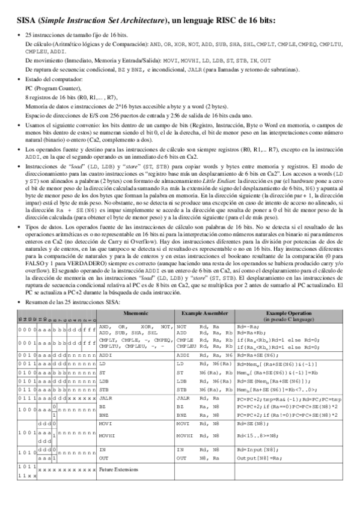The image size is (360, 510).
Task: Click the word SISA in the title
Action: coord(26,20)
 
